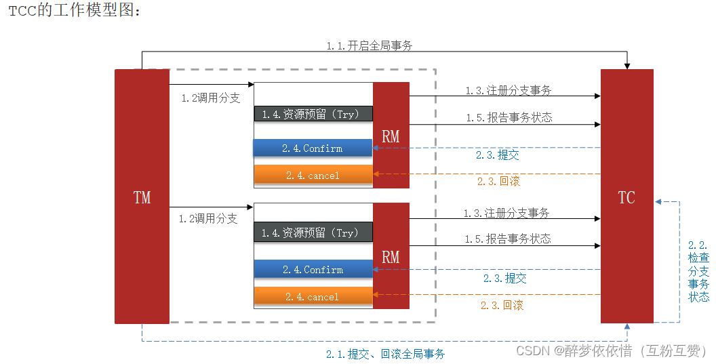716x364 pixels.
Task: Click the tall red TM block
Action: tap(142, 197)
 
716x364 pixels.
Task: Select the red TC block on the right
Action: tap(626, 197)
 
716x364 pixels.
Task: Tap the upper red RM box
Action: tap(391, 136)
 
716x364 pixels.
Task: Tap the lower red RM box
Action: tap(391, 256)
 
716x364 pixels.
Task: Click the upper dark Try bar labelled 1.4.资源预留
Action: tap(313, 114)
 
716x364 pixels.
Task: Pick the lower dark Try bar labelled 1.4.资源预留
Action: tap(313, 232)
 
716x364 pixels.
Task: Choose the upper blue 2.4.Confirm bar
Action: tap(313, 148)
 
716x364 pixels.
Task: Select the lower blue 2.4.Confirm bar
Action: tap(313, 270)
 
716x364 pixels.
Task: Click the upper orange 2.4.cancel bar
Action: tap(313, 176)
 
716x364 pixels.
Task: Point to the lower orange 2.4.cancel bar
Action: tap(313, 297)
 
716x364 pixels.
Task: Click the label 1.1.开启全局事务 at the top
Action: tap(369, 46)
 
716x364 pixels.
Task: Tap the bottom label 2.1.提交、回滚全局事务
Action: tap(385, 354)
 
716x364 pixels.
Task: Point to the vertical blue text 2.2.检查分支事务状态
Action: tap(698, 271)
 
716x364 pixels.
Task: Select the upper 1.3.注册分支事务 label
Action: tap(508, 90)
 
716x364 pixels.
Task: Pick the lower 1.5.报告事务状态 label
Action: tap(508, 239)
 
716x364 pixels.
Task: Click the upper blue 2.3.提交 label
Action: tap(498, 155)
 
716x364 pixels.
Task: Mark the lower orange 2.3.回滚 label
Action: tap(502, 305)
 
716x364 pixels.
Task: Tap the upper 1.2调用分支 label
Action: tap(210, 98)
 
